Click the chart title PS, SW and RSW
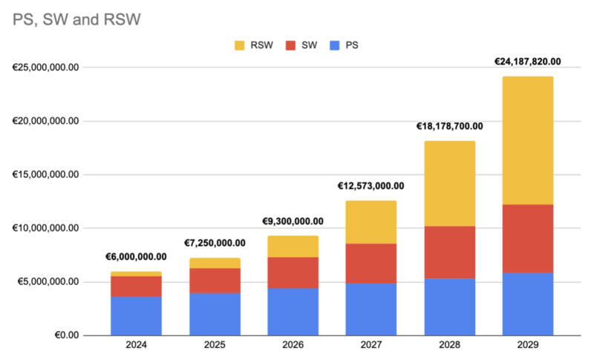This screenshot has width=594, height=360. (x=76, y=19)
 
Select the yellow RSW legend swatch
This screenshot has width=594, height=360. (x=239, y=45)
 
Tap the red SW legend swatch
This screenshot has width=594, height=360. (x=290, y=45)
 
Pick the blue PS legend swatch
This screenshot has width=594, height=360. (x=335, y=45)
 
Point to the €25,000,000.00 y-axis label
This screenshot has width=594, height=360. (x=45, y=68)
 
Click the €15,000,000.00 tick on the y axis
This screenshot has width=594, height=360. (x=45, y=174)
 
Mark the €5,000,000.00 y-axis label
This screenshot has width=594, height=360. (x=48, y=281)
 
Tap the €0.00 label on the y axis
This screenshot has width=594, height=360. (x=67, y=336)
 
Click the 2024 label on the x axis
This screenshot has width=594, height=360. (x=137, y=345)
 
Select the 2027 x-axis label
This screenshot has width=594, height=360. (x=371, y=345)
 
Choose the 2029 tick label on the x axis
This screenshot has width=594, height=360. (x=528, y=345)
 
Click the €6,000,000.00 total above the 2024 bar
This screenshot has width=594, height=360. (x=136, y=257)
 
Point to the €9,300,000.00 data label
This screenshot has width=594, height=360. (x=293, y=221)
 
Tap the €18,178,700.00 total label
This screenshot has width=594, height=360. (x=450, y=126)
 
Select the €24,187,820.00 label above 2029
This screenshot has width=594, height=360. (x=528, y=62)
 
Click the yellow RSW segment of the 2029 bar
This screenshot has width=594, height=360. (x=528, y=140)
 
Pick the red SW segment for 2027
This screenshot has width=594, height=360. (x=371, y=264)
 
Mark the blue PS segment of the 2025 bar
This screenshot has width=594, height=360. (x=215, y=314)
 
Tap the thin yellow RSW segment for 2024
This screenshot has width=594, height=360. (x=136, y=274)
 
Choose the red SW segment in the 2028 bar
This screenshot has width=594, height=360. (x=450, y=252)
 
